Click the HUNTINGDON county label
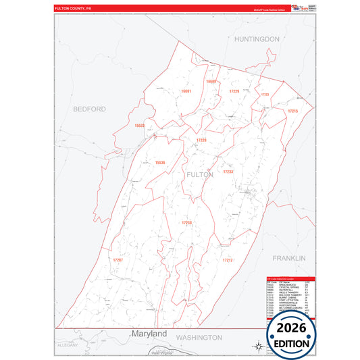[x=257, y=39]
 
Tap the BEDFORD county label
[x=90, y=109]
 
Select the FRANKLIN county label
[x=289, y=258]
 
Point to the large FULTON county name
[x=199, y=174]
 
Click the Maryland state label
[x=149, y=334]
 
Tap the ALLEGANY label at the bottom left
[x=68, y=344]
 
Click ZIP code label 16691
[x=186, y=91]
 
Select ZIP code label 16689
[x=211, y=81]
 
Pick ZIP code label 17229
[x=234, y=91]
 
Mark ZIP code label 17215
[x=292, y=110]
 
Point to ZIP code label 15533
[x=140, y=126]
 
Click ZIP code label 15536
[x=160, y=162]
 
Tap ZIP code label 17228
[x=201, y=140]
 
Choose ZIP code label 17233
[x=228, y=172]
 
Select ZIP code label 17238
[x=186, y=223]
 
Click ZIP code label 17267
[x=118, y=259]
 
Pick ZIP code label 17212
[x=227, y=259]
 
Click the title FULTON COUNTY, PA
[x=73, y=9]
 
